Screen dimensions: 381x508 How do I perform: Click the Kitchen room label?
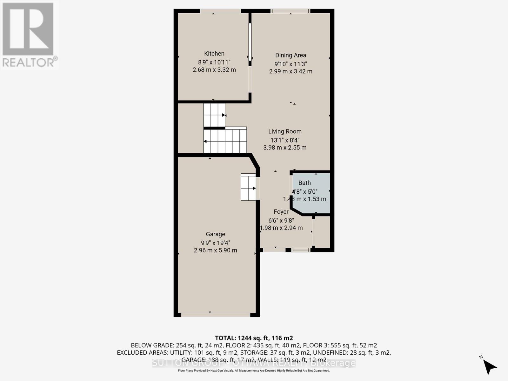214,54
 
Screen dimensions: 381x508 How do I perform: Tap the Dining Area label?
291,55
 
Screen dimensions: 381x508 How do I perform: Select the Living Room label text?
285,131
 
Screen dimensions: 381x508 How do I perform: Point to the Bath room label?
304,183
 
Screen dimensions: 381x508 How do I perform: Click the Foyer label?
281,212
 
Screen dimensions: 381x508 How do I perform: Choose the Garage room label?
215,234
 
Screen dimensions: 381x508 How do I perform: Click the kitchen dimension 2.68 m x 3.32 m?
214,70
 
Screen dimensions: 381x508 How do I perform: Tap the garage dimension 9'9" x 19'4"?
215,243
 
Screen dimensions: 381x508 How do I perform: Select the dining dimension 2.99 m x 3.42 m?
291,71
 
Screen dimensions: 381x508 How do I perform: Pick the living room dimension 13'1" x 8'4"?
285,140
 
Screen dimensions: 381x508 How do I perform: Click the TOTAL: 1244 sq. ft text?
254,338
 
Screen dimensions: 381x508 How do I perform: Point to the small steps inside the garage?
248,187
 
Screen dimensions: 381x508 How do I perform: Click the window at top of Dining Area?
290,11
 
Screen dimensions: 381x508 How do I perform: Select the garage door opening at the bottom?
215,315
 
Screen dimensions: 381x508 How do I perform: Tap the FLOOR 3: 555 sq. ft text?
340,345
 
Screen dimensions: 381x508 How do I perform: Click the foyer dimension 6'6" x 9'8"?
281,220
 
